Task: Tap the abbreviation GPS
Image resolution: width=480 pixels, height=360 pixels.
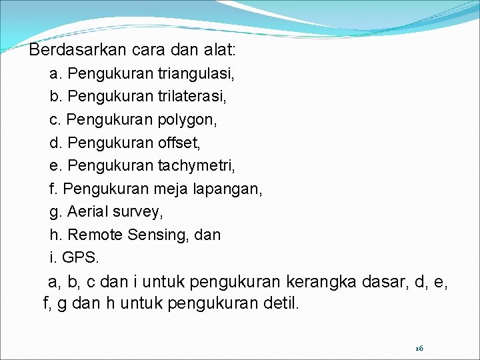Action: pyautogui.click(x=81, y=257)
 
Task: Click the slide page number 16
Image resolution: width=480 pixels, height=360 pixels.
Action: pyautogui.click(x=419, y=348)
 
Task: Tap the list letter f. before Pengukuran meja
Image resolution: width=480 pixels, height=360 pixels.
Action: pyautogui.click(x=54, y=189)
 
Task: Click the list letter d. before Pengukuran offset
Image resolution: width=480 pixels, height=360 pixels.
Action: pyautogui.click(x=55, y=143)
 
